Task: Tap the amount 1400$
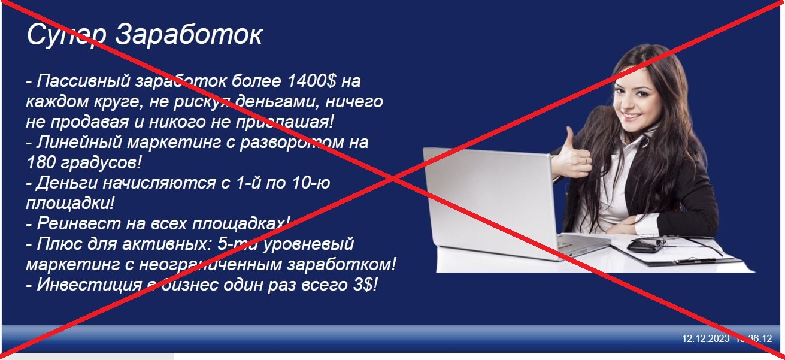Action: pyautogui.click(x=311, y=81)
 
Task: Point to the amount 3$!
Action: pyautogui.click(x=365, y=285)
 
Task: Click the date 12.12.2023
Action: pyautogui.click(x=705, y=338)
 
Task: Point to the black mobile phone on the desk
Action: pyautogui.click(x=644, y=246)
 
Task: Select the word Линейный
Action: pyautogui.click(x=80, y=143)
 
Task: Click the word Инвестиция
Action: pyautogui.click(x=89, y=285)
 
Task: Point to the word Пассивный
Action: pyautogui.click(x=83, y=81)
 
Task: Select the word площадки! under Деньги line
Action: pyautogui.click(x=70, y=203)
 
